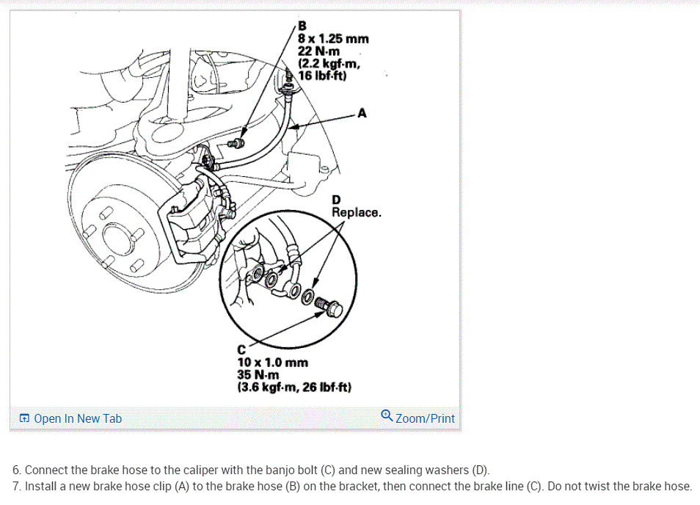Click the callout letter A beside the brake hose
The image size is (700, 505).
(362, 113)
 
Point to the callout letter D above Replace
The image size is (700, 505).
(336, 200)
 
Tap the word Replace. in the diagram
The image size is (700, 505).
(356, 213)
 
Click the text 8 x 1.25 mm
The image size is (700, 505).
(332, 39)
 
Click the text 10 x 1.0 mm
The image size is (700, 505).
(272, 363)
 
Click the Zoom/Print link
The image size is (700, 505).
(425, 418)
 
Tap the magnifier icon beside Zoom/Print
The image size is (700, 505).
(387, 416)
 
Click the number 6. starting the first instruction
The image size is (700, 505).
(17, 470)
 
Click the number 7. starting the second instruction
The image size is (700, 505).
(17, 486)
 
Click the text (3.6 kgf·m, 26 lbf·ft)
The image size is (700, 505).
(294, 386)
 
